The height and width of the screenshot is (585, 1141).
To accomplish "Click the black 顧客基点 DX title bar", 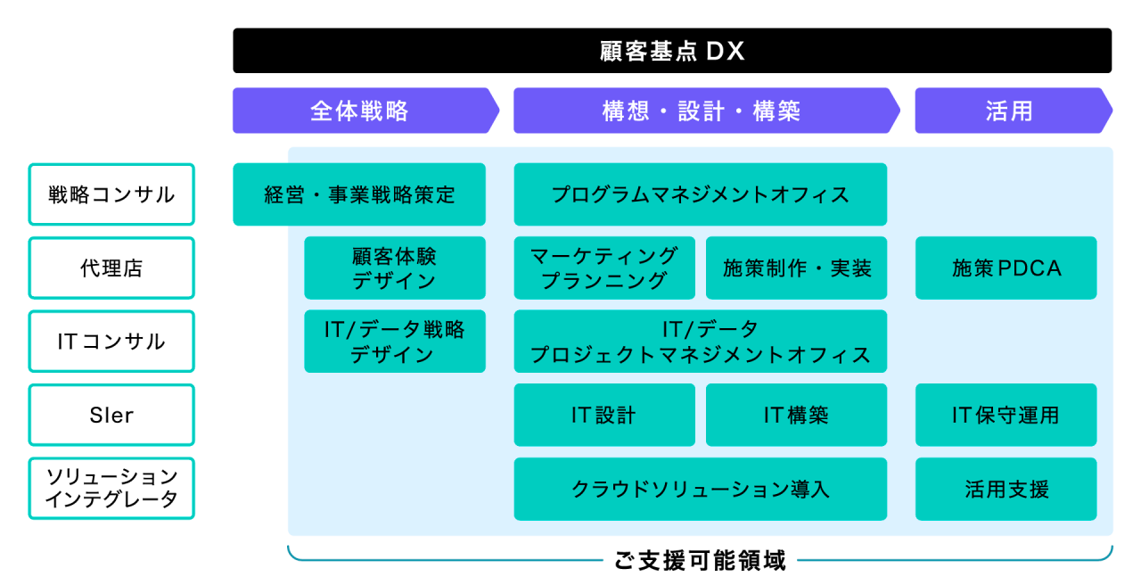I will (672, 51).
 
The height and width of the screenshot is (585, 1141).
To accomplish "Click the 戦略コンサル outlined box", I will (111, 194).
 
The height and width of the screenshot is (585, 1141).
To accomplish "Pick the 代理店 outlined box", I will (111, 268).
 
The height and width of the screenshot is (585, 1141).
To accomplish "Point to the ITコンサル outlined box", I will (111, 342).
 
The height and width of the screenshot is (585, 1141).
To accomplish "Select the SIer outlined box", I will (111, 415).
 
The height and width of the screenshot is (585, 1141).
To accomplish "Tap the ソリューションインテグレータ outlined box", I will (111, 489).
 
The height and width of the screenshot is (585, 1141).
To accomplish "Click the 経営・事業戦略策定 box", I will (359, 194).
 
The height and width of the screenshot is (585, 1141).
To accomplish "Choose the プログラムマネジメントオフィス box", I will (700, 194).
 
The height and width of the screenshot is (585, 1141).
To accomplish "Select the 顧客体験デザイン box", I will (395, 268).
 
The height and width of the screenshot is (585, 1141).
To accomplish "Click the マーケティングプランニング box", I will (604, 268).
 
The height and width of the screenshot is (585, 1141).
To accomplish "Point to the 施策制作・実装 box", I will (796, 268).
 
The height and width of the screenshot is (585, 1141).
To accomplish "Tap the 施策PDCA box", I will (1006, 268).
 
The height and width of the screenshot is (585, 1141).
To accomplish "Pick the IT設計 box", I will (604, 415).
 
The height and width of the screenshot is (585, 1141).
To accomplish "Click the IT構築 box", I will (796, 415).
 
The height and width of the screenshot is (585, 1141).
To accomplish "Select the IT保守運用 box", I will (1006, 415).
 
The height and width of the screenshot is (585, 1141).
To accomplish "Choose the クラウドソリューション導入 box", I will (700, 489).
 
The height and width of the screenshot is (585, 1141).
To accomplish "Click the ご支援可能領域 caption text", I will (701, 561).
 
